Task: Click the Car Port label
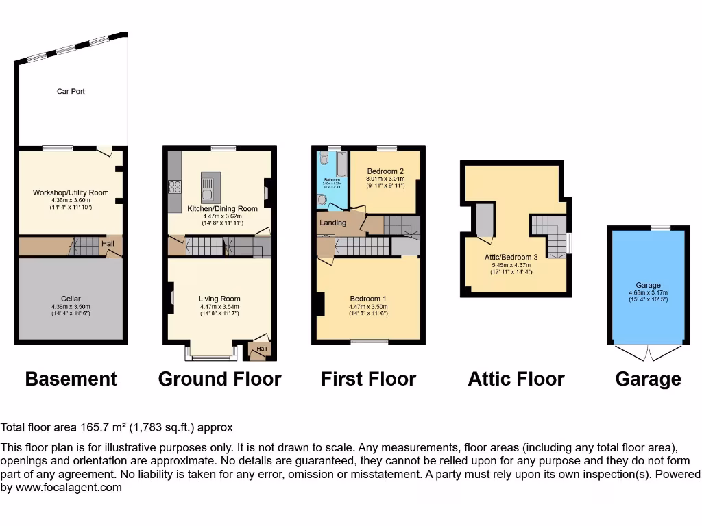coord(71,91)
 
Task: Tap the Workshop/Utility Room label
coord(71,192)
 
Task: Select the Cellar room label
coord(71,299)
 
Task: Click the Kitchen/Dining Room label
coord(223,208)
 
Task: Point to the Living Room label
coord(219,299)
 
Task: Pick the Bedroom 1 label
coord(368,299)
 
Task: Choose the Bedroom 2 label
coord(385,171)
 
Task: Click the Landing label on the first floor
coord(332,223)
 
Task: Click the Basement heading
coord(71,379)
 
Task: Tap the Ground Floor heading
coord(219,379)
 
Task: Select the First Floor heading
coord(368,379)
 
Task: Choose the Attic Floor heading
coord(516,379)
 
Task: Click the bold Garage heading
coord(648,379)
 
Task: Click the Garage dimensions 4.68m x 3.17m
coord(648,292)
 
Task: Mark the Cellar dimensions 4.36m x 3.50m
coord(71,306)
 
